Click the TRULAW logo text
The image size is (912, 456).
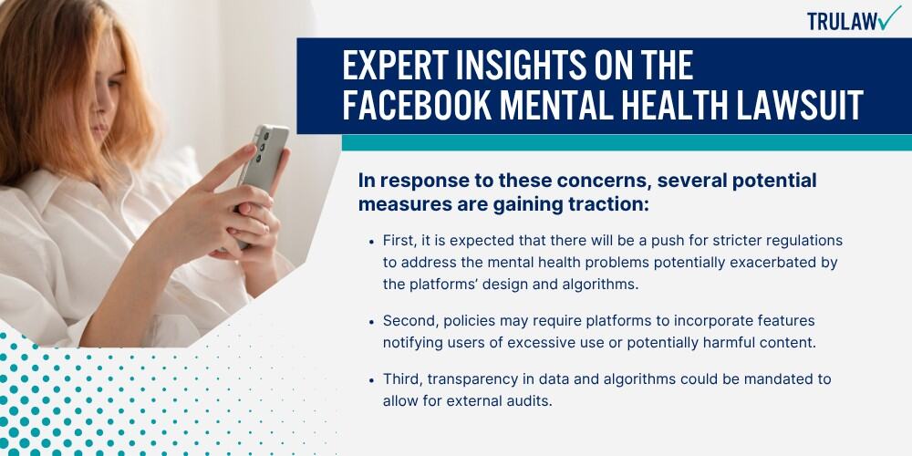[842, 22]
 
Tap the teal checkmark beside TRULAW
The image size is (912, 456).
[889, 17]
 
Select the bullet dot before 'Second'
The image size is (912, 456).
[371, 322]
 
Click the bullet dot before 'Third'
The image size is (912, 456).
[371, 379]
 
